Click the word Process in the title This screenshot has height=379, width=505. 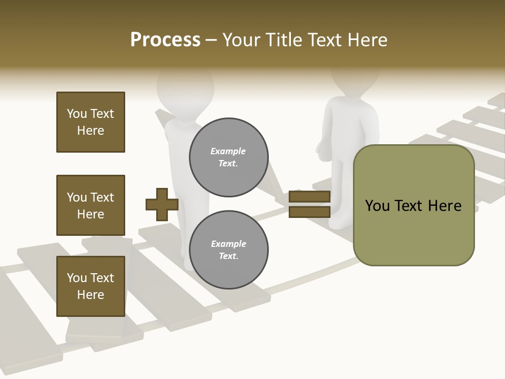(165, 40)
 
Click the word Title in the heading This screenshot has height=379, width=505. (281, 40)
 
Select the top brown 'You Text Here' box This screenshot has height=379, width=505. (90, 122)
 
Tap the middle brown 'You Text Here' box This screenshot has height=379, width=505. (90, 205)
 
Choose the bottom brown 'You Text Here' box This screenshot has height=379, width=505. (90, 286)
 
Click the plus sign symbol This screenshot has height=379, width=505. (162, 204)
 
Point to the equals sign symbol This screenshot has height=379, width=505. (309, 204)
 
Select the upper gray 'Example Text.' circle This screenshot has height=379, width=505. (229, 157)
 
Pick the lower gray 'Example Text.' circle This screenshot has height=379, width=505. (229, 250)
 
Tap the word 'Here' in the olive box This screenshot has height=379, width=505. (445, 206)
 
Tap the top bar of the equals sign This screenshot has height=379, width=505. (309, 197)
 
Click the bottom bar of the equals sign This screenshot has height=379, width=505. (309, 212)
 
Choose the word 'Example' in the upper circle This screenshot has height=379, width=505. (228, 152)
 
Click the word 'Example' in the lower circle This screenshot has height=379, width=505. (228, 244)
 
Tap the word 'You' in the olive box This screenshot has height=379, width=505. (378, 206)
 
